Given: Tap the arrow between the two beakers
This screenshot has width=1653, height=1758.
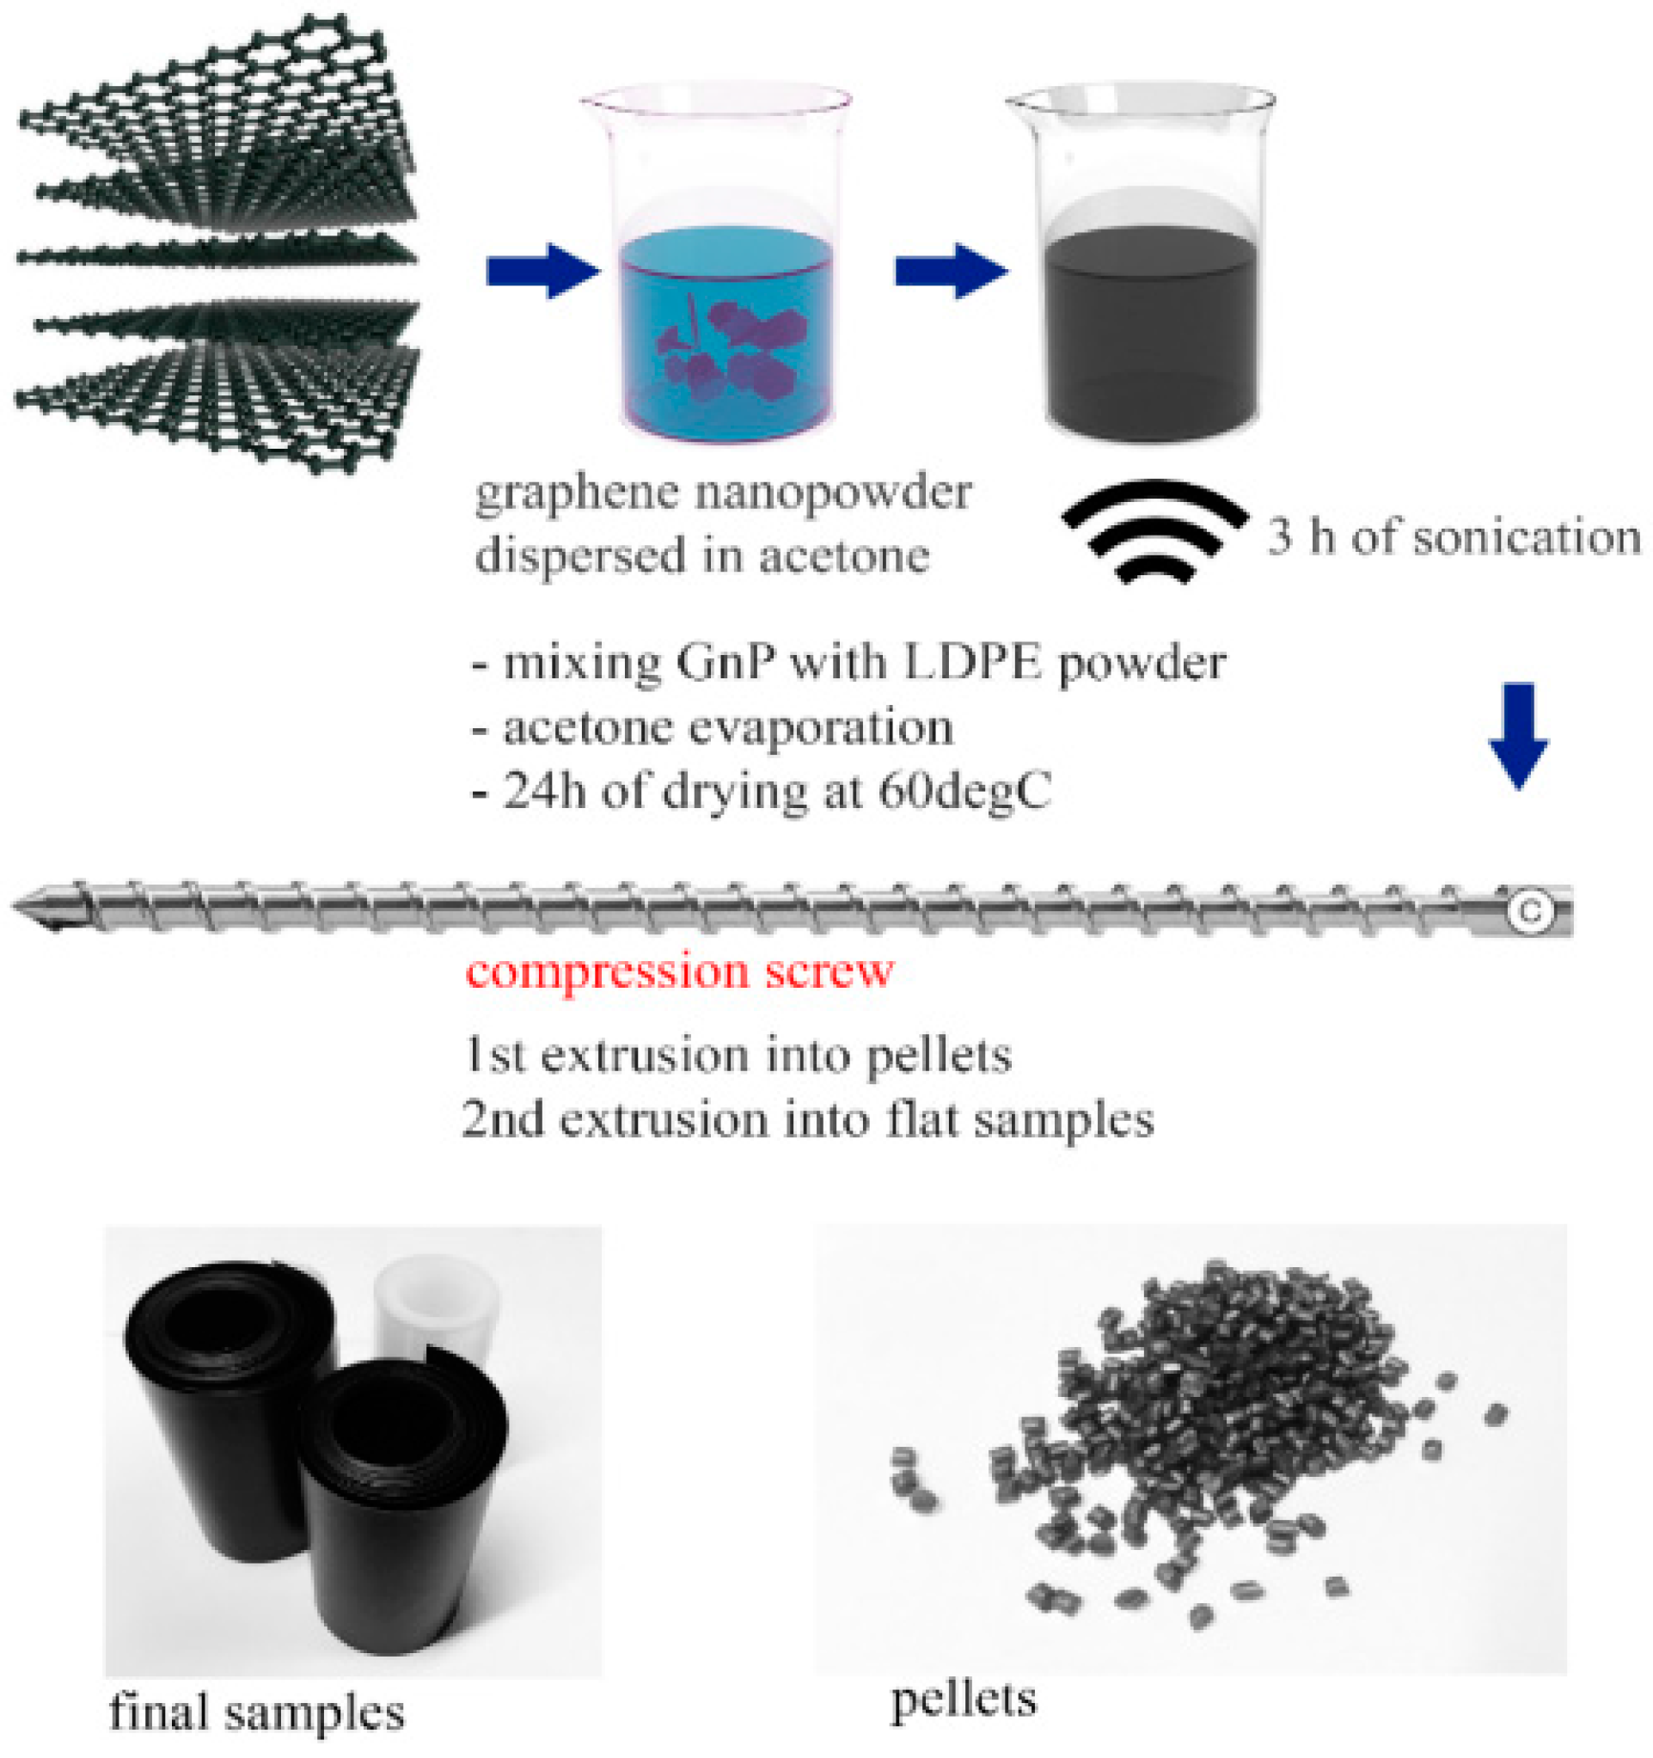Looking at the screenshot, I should pos(951,271).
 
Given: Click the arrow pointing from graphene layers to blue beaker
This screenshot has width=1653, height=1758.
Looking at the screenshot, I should pos(542,271).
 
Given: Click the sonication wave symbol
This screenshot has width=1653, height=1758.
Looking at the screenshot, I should pos(1154,530).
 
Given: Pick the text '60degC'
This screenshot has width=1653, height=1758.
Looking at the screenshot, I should pos(964,792).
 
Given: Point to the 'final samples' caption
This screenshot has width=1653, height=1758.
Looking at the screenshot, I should pos(256,1712).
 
